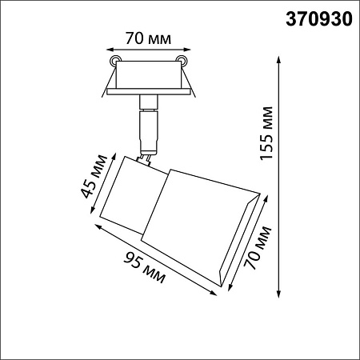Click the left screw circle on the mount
(x=117, y=61)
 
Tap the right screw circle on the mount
(x=185, y=61)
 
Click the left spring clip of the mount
(x=109, y=80)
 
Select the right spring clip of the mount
(x=192, y=80)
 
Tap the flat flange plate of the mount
(x=150, y=93)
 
